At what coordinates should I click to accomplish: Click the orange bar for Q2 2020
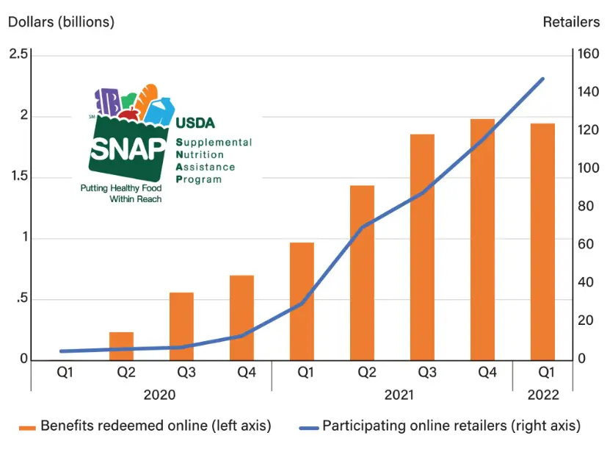[121, 346]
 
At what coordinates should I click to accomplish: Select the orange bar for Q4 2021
[482, 240]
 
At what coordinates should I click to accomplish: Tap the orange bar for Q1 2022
[542, 242]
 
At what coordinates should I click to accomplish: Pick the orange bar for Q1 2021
[302, 301]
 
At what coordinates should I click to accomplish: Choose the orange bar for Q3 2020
[181, 326]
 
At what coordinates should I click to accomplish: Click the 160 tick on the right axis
[588, 55]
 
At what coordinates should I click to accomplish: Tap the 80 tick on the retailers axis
[585, 207]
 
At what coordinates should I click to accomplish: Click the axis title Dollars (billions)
[61, 22]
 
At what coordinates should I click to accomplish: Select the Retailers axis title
[571, 22]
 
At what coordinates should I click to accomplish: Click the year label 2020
[159, 395]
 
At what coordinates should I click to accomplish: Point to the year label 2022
[543, 395]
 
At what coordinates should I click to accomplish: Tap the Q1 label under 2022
[543, 373]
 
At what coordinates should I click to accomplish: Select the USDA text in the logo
[195, 123]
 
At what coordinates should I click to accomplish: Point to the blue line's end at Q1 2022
[542, 79]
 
